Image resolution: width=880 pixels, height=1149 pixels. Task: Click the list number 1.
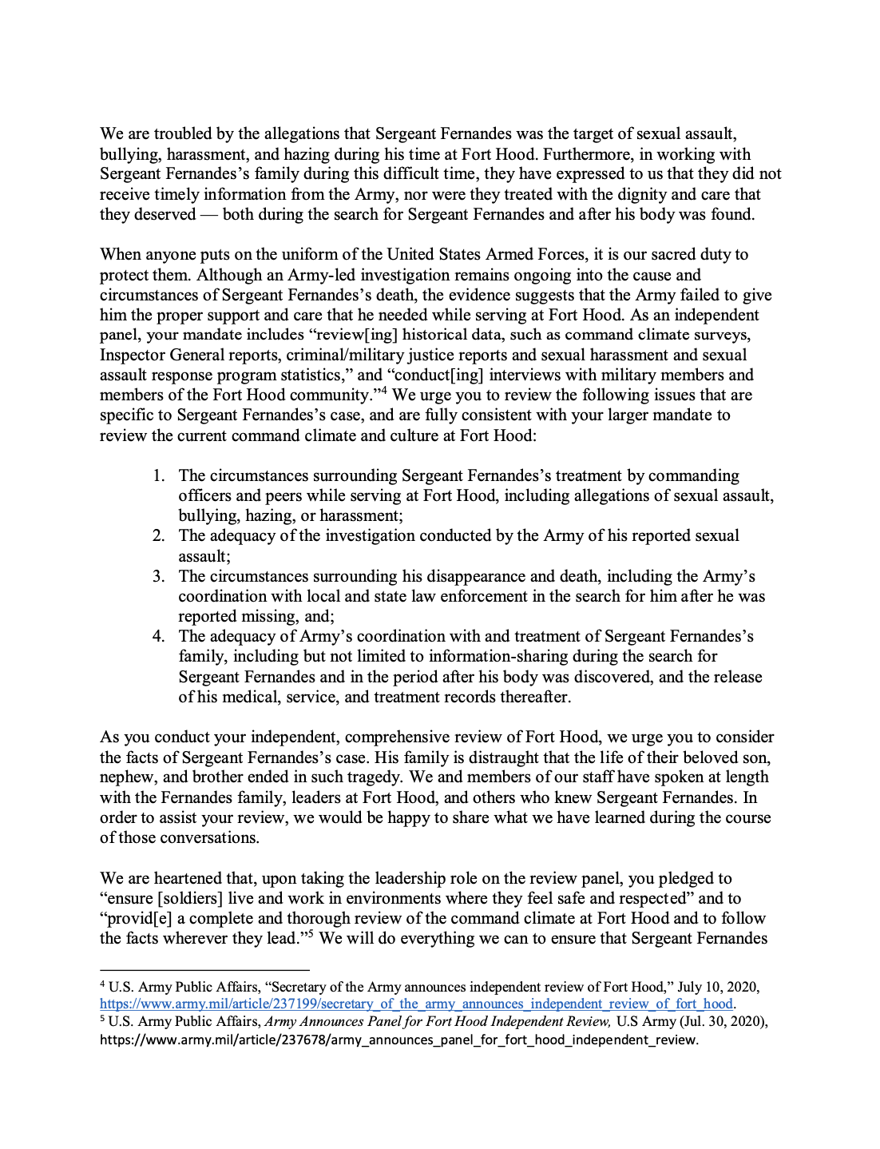coord(158,476)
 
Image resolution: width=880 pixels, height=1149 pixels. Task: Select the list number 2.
coord(158,536)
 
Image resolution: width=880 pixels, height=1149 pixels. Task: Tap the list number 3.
coord(158,577)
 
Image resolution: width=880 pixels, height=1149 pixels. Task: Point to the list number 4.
coord(158,637)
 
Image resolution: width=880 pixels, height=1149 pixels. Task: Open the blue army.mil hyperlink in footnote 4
coord(416,1004)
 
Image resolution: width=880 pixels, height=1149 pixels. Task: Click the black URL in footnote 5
coord(398,1040)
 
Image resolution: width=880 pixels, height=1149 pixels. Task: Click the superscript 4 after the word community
coord(383,391)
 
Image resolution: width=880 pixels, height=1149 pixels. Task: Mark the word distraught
coord(385,757)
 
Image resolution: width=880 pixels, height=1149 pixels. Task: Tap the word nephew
coord(127,777)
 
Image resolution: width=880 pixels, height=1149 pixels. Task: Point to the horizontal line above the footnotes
coord(204,969)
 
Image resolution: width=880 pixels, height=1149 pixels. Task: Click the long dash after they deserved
coord(209,215)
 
